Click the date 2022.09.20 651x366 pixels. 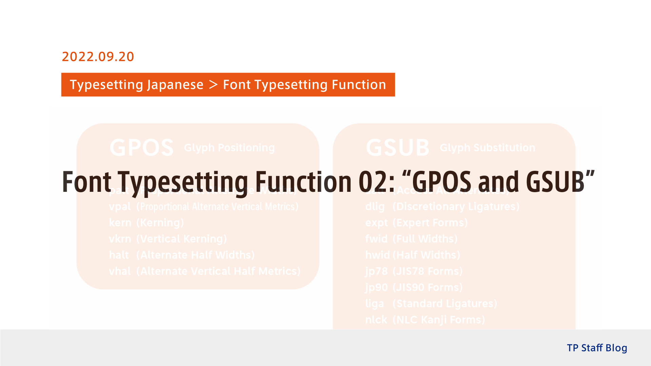tap(98, 57)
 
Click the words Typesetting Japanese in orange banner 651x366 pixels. tap(136, 85)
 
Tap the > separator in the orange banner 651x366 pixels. tap(213, 85)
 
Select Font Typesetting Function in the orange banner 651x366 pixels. tap(304, 85)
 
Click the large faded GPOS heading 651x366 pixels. tap(141, 148)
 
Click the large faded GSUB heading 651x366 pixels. tap(398, 148)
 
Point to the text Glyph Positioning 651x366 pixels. tap(229, 148)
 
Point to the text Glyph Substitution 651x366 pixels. tap(487, 148)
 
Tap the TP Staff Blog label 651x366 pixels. tap(597, 348)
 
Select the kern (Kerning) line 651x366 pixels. tap(146, 223)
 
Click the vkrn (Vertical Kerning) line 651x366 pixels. tap(168, 239)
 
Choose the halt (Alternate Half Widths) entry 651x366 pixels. tap(182, 255)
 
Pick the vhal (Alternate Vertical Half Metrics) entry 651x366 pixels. tap(204, 271)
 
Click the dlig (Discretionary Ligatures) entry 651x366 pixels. tap(442, 207)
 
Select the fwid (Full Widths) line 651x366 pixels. tap(411, 239)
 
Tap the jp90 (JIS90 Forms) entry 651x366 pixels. tap(414, 288)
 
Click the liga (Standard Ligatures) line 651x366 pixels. tap(431, 304)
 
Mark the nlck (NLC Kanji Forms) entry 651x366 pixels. tap(425, 320)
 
